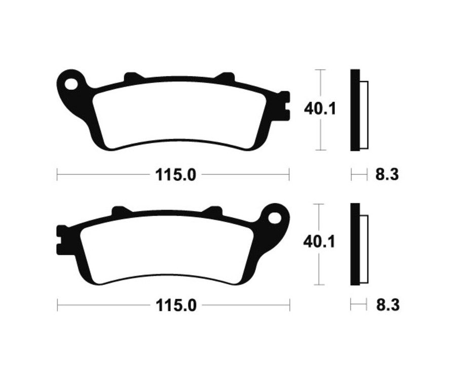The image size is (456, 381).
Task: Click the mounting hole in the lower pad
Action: tap(275, 218)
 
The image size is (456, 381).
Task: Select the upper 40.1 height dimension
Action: tap(320, 108)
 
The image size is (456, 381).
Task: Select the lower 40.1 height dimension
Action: tap(319, 242)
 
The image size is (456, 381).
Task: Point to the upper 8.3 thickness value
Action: tap(387, 175)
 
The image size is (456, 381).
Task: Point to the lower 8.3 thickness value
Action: tap(387, 306)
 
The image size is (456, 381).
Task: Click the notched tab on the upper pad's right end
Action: tap(285, 105)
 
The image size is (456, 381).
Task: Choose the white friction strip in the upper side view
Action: tap(364, 115)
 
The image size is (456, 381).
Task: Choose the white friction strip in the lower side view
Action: tap(364, 248)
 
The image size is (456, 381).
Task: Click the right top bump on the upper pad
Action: tap(225, 78)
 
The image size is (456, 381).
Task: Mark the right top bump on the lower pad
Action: tap(213, 211)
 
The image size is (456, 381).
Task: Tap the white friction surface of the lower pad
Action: tap(167, 248)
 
